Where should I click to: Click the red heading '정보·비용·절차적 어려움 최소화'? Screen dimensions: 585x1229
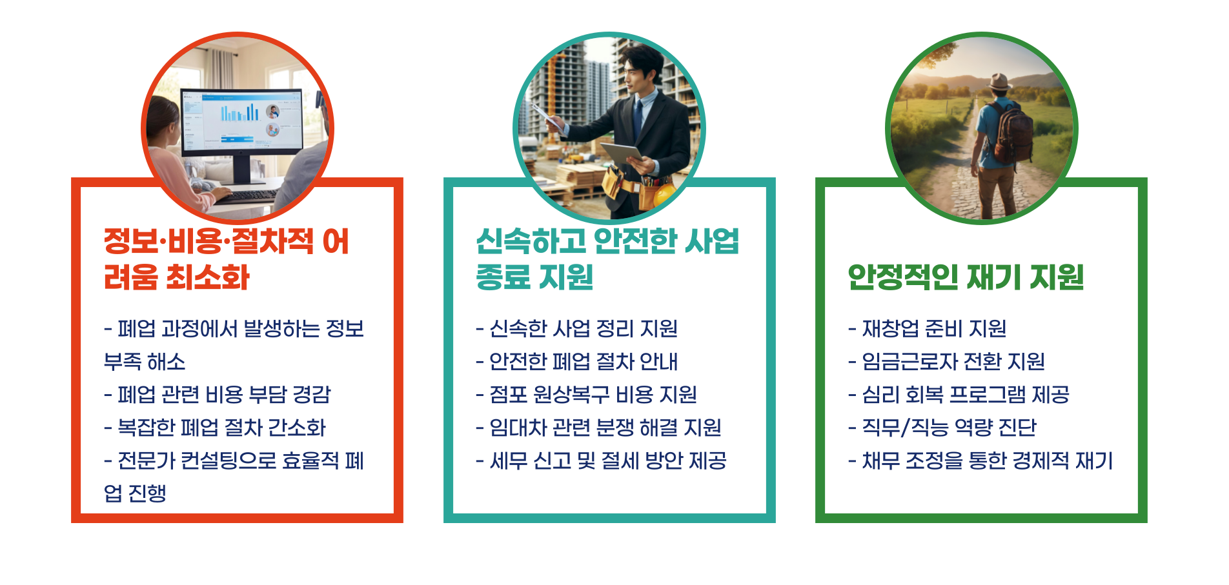click(x=226, y=259)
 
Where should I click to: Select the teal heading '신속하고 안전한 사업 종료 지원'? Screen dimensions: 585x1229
click(x=607, y=259)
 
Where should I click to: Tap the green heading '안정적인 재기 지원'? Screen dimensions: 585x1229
click(x=965, y=277)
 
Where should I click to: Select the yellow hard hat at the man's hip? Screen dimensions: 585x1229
click(x=664, y=193)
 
